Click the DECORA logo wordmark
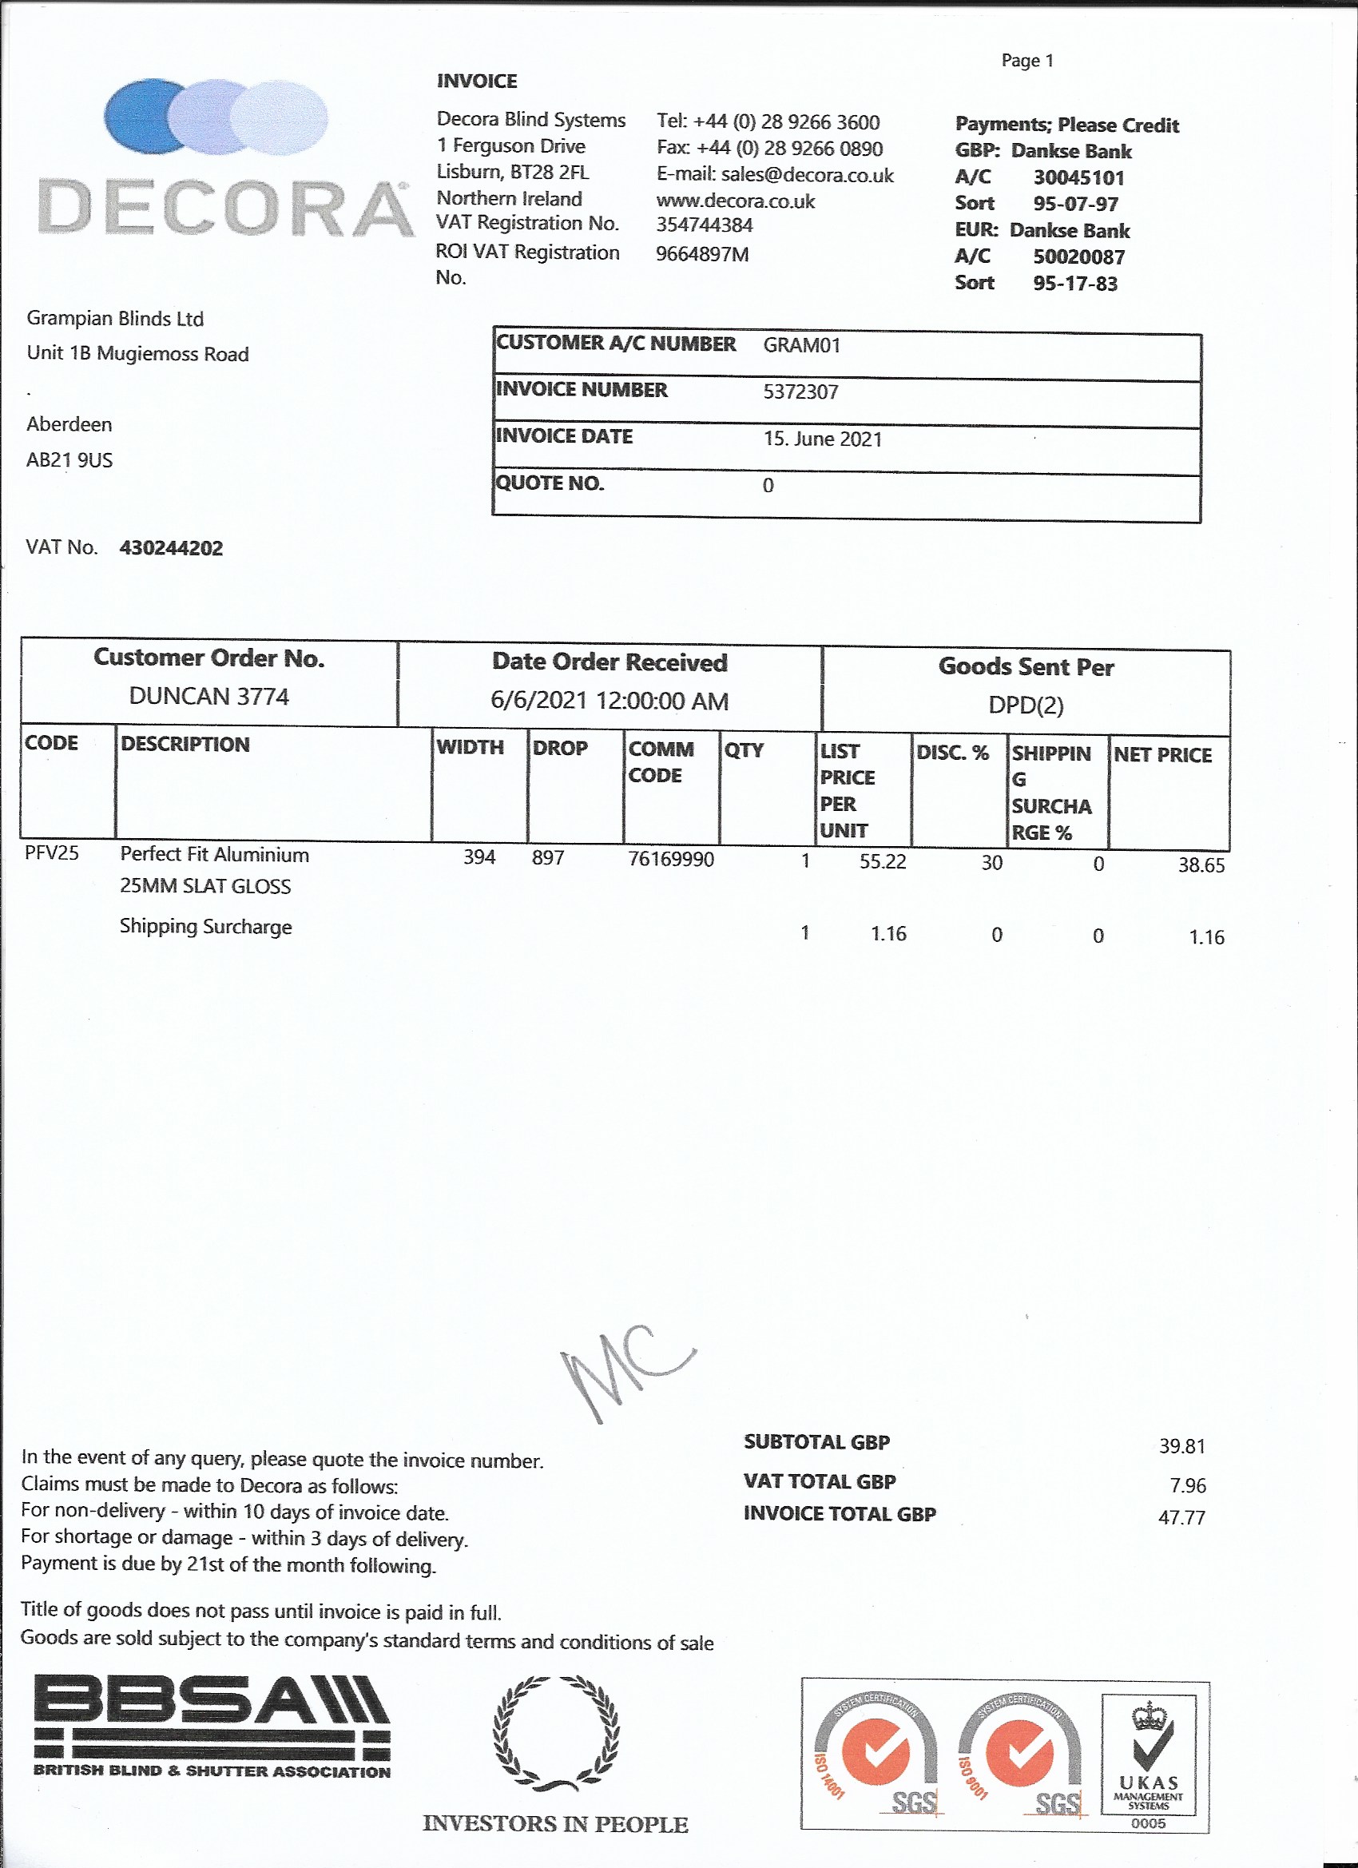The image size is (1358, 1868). tap(224, 209)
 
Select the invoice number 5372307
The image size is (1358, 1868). tap(800, 392)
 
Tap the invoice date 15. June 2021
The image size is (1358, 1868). tap(822, 439)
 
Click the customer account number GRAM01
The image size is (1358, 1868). tap(801, 345)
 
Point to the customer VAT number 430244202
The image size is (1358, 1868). tap(171, 549)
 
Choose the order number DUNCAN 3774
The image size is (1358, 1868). tap(209, 697)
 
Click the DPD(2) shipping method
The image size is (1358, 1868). tap(1026, 705)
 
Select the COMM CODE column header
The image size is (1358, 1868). tap(661, 762)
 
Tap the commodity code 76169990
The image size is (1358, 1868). tap(670, 859)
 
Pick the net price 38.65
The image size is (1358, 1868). tap(1201, 864)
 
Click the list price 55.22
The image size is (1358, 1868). tap(882, 861)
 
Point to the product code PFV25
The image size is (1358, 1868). tap(52, 853)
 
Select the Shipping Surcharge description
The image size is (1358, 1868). tap(206, 927)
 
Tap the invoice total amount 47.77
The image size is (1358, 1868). tap(1181, 1517)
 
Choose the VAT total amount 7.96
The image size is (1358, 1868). tap(1187, 1486)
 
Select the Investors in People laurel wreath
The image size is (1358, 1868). tap(556, 1733)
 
